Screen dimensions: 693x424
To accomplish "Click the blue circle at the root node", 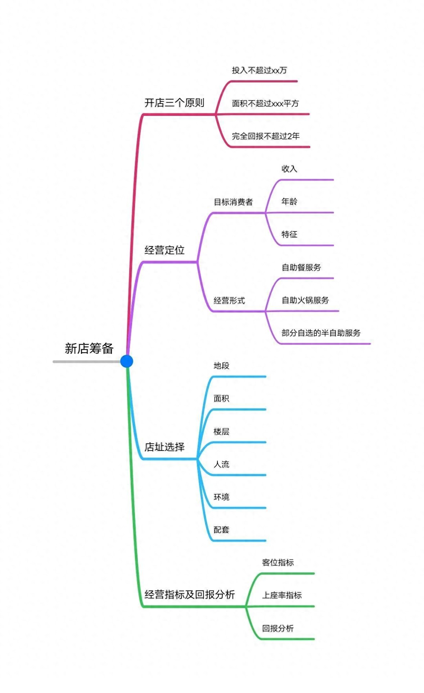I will point(127,361).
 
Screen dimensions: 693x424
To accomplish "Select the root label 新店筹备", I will point(89,348).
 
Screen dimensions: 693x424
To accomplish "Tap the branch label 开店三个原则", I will point(174,103).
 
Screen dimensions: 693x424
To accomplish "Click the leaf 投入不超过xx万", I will point(259,70).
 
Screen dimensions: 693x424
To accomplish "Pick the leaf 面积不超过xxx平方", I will point(265,103).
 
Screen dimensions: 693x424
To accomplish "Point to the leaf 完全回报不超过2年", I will point(266,136).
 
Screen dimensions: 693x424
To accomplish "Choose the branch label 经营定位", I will point(164,250).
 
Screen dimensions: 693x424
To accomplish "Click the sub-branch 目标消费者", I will point(233,202).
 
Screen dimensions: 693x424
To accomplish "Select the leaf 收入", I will point(289,169).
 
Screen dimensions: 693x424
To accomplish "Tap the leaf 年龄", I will point(289,201).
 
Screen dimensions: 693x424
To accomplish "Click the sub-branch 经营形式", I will point(229,300).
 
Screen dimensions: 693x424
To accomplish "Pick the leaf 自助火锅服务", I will point(305,300).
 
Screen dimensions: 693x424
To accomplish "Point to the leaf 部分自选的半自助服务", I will point(321,333).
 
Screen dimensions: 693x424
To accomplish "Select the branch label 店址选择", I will point(164,447).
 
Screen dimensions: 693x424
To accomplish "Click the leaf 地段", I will point(221,366).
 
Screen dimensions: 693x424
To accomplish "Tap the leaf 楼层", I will point(221,431).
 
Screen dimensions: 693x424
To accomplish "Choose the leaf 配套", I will point(221,530).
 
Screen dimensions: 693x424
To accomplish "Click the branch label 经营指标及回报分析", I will point(190,594).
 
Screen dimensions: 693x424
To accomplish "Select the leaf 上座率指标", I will point(282,595).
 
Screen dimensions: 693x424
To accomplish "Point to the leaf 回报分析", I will point(278,628).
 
